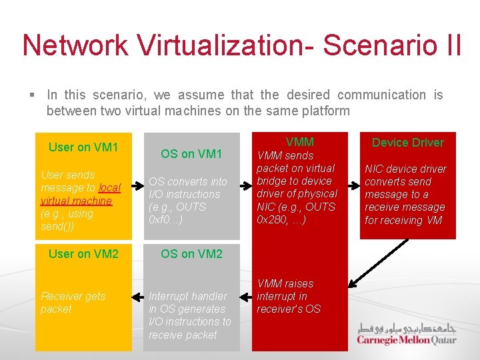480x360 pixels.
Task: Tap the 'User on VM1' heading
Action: [83, 147]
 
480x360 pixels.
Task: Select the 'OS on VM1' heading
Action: [191, 154]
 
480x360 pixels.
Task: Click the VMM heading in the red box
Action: [299, 141]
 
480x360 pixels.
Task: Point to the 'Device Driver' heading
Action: [407, 142]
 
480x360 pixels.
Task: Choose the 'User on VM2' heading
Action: [83, 253]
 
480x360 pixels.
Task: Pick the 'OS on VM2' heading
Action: [191, 253]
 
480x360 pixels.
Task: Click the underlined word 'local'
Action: [109, 188]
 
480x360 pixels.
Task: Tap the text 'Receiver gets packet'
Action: [73, 303]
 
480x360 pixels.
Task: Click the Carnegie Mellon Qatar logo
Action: [406, 333]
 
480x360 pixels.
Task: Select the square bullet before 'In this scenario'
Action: [32, 95]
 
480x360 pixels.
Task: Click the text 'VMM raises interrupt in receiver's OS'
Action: [289, 296]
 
